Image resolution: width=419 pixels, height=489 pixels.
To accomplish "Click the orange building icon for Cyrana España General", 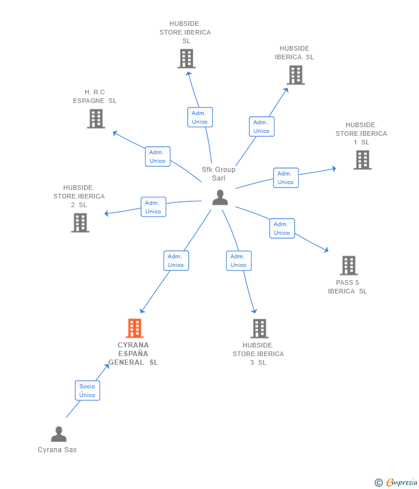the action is [x=135, y=328].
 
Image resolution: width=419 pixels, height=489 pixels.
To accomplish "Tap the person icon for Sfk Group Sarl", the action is [x=220, y=197].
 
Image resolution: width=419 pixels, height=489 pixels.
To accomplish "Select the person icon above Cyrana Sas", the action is [x=59, y=434].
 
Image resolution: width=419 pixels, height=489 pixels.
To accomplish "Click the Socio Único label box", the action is [x=87, y=391].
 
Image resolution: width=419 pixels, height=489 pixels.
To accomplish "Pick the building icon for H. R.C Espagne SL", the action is [x=96, y=119].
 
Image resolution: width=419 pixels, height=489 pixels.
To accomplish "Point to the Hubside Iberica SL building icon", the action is [x=296, y=75].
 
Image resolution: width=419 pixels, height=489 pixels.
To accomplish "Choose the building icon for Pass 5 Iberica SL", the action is [x=349, y=265].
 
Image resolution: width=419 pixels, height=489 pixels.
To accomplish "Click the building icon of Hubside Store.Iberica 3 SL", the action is [x=260, y=328].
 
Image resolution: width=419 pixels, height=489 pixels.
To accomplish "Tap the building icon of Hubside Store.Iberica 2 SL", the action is [x=80, y=223].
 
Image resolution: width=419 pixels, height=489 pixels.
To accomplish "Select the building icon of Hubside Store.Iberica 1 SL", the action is [x=363, y=160].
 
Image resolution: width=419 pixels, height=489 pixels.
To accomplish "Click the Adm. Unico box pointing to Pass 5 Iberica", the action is [x=282, y=228].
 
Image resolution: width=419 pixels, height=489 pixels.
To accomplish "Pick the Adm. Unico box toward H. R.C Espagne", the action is [x=158, y=156].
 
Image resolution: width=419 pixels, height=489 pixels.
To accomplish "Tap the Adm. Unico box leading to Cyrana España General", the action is [x=176, y=261].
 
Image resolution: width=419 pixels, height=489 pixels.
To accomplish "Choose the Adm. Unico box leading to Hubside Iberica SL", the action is [x=262, y=127].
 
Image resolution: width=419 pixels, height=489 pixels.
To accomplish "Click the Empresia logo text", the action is [x=402, y=483].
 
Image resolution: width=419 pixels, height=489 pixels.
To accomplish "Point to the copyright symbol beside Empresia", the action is [x=379, y=483].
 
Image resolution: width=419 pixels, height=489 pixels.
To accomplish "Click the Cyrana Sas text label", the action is [x=57, y=450].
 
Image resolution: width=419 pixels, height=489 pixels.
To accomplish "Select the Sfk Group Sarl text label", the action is [x=218, y=174].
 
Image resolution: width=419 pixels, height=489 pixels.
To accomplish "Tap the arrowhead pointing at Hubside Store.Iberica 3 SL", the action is [x=254, y=311].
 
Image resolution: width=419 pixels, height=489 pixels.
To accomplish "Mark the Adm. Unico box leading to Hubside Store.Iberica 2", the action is [x=154, y=207].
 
